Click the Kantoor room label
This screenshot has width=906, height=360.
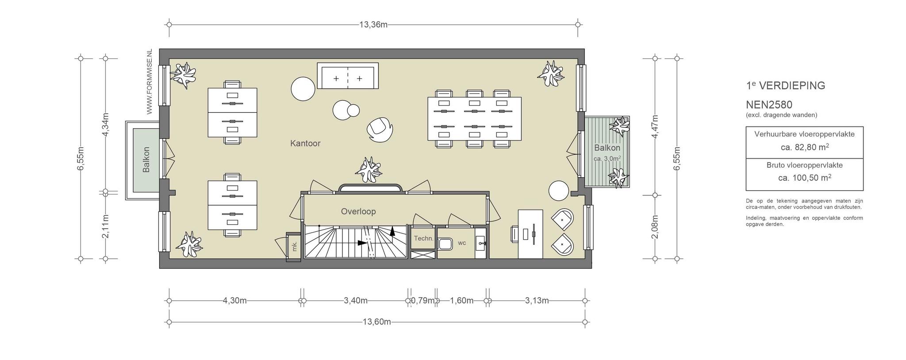click(x=305, y=143)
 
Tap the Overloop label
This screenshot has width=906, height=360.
click(x=358, y=211)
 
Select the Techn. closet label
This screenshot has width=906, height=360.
click(x=423, y=238)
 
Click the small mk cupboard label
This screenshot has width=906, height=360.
click(x=295, y=247)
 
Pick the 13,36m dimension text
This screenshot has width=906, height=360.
click(x=373, y=25)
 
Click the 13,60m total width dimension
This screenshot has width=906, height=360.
click(x=377, y=322)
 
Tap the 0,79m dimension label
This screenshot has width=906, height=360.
click(x=422, y=301)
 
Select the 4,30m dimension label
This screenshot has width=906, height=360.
click(x=234, y=301)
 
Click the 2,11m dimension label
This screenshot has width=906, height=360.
click(x=105, y=226)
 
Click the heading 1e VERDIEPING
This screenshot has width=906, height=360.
click(x=785, y=86)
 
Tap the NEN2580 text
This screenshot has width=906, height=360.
click(x=769, y=105)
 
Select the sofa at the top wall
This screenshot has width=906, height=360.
click(x=348, y=76)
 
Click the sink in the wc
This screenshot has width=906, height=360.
click(x=481, y=243)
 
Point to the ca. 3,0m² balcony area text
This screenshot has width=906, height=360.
click(x=607, y=158)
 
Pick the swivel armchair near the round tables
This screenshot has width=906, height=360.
click(x=380, y=129)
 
